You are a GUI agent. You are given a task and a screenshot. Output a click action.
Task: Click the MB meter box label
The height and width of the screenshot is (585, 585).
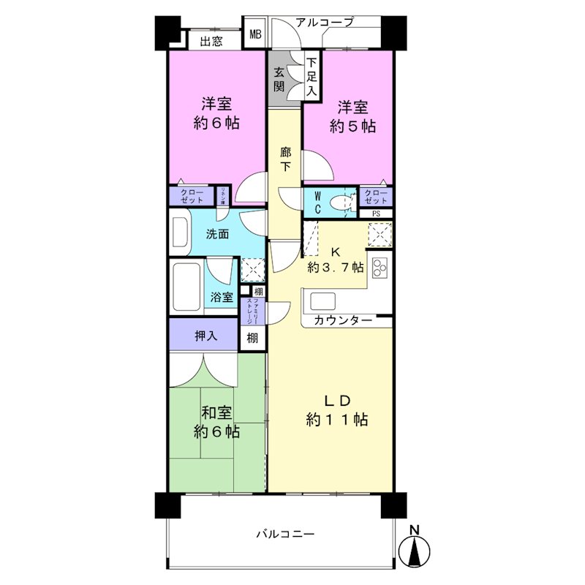pyautogui.click(x=255, y=34)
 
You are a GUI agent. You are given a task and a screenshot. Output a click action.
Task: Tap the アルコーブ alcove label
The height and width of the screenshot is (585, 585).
pyautogui.click(x=325, y=23)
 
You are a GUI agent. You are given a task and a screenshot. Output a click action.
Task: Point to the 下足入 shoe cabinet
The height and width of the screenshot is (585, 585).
pyautogui.click(x=312, y=78)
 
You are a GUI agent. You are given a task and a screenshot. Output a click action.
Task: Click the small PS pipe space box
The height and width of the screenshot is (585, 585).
pyautogui.click(x=376, y=214)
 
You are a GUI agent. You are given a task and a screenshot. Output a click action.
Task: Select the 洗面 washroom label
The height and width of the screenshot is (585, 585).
pyautogui.click(x=217, y=235)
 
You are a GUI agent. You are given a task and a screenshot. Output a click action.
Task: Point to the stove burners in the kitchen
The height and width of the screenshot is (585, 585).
pyautogui.click(x=380, y=268)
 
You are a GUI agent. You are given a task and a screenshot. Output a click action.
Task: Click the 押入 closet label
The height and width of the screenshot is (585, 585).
pyautogui.click(x=205, y=336)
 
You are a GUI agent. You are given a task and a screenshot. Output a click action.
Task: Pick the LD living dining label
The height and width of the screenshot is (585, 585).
pyautogui.click(x=338, y=400)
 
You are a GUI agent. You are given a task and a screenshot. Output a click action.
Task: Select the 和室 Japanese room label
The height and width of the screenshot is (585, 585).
pyautogui.click(x=217, y=412)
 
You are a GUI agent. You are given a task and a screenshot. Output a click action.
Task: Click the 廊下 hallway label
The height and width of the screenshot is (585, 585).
pyautogui.click(x=286, y=159)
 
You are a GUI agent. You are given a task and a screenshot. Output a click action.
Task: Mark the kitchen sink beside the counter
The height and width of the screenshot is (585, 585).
pyautogui.click(x=322, y=301)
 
